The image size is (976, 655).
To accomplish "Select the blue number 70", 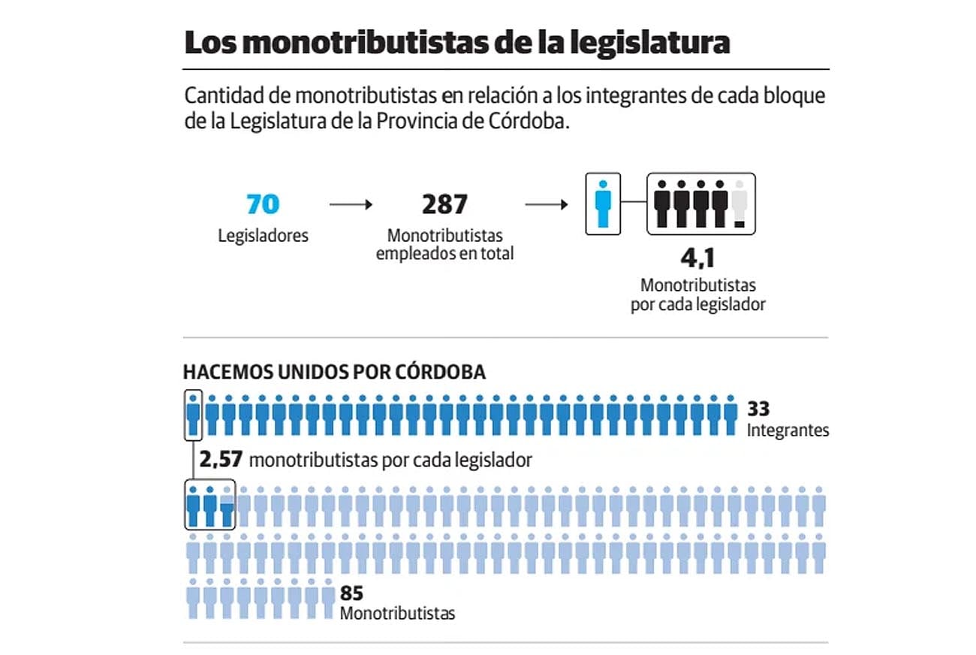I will [x=263, y=204].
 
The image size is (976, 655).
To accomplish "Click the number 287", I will [x=444, y=204].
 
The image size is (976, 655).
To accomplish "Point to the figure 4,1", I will [x=698, y=259].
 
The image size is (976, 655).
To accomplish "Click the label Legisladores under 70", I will [x=263, y=235].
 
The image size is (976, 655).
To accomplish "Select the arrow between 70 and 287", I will [x=351, y=204].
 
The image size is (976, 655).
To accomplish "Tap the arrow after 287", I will [x=546, y=204].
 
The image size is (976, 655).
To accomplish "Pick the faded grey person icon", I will [x=740, y=204].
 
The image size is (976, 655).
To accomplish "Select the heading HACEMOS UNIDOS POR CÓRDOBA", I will [x=334, y=372].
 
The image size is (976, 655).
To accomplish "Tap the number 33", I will [x=758, y=409].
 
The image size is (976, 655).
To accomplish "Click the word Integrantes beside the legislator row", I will [x=788, y=430].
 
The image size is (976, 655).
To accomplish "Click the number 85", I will [x=351, y=593].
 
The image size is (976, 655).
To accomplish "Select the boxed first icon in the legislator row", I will [x=194, y=414].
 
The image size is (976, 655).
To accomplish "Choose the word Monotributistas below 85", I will [x=397, y=614].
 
